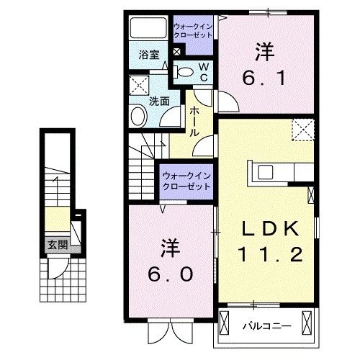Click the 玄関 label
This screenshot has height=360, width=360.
[58, 245]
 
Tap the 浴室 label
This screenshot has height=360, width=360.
[148, 54]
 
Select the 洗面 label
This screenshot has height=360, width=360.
[159, 101]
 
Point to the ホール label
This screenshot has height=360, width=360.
[194, 122]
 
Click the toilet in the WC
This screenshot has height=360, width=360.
[184, 71]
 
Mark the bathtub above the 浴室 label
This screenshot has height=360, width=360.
[148, 29]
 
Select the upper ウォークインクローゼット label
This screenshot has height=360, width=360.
[194, 30]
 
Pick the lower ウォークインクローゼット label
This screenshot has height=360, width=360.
[186, 180]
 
